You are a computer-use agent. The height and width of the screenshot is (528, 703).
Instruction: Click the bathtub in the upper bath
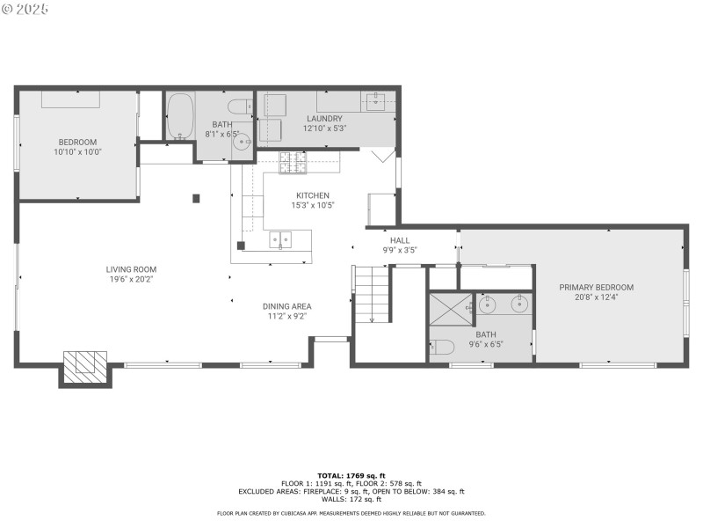[181, 116]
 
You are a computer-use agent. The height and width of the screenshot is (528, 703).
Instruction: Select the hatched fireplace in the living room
[85, 367]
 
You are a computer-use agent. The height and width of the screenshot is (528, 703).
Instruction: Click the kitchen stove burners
[294, 163]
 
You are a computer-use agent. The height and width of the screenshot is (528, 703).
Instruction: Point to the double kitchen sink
[280, 239]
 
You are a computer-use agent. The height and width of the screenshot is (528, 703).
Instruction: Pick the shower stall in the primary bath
[451, 309]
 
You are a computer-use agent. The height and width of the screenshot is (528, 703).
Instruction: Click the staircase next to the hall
[372, 294]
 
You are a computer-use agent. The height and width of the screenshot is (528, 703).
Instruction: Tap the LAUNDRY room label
[324, 119]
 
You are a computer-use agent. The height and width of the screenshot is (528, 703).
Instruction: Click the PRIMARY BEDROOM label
[597, 288]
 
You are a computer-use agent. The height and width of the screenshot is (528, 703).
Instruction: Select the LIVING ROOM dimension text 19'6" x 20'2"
[131, 279]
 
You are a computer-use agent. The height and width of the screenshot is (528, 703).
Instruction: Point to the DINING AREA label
[287, 306]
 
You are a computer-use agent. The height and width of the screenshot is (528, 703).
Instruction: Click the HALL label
[400, 240]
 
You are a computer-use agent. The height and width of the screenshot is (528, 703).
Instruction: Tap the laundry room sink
[375, 102]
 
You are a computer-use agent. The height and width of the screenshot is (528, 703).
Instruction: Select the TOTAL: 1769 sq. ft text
[351, 476]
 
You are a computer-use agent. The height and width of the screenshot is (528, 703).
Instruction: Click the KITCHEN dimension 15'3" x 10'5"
[313, 206]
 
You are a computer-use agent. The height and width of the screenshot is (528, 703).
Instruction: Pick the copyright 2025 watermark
[25, 9]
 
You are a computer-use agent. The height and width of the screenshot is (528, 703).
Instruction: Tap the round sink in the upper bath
[243, 142]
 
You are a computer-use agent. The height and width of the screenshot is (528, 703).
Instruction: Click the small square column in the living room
[196, 198]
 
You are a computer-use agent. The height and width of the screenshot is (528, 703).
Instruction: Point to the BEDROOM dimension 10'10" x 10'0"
[77, 151]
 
